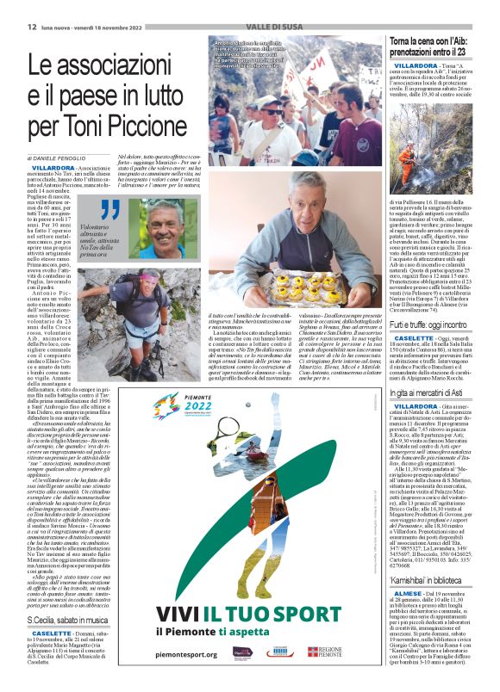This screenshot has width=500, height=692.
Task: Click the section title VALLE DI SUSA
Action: click(x=248, y=27)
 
